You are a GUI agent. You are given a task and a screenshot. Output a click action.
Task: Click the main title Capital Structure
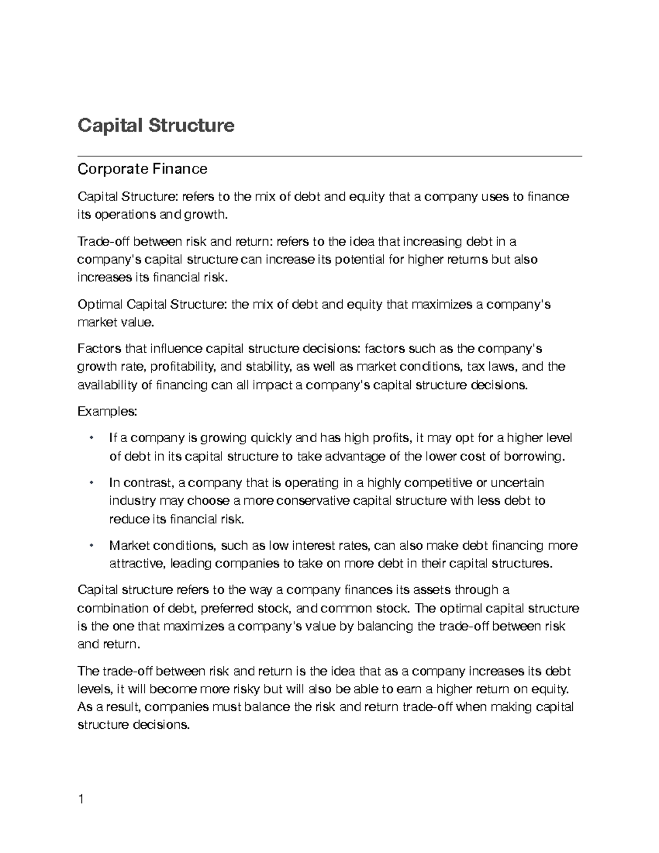tap(156, 125)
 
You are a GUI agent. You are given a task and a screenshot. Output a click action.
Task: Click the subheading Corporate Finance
tap(142, 169)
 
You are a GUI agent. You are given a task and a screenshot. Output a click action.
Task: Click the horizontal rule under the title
tap(329, 156)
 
